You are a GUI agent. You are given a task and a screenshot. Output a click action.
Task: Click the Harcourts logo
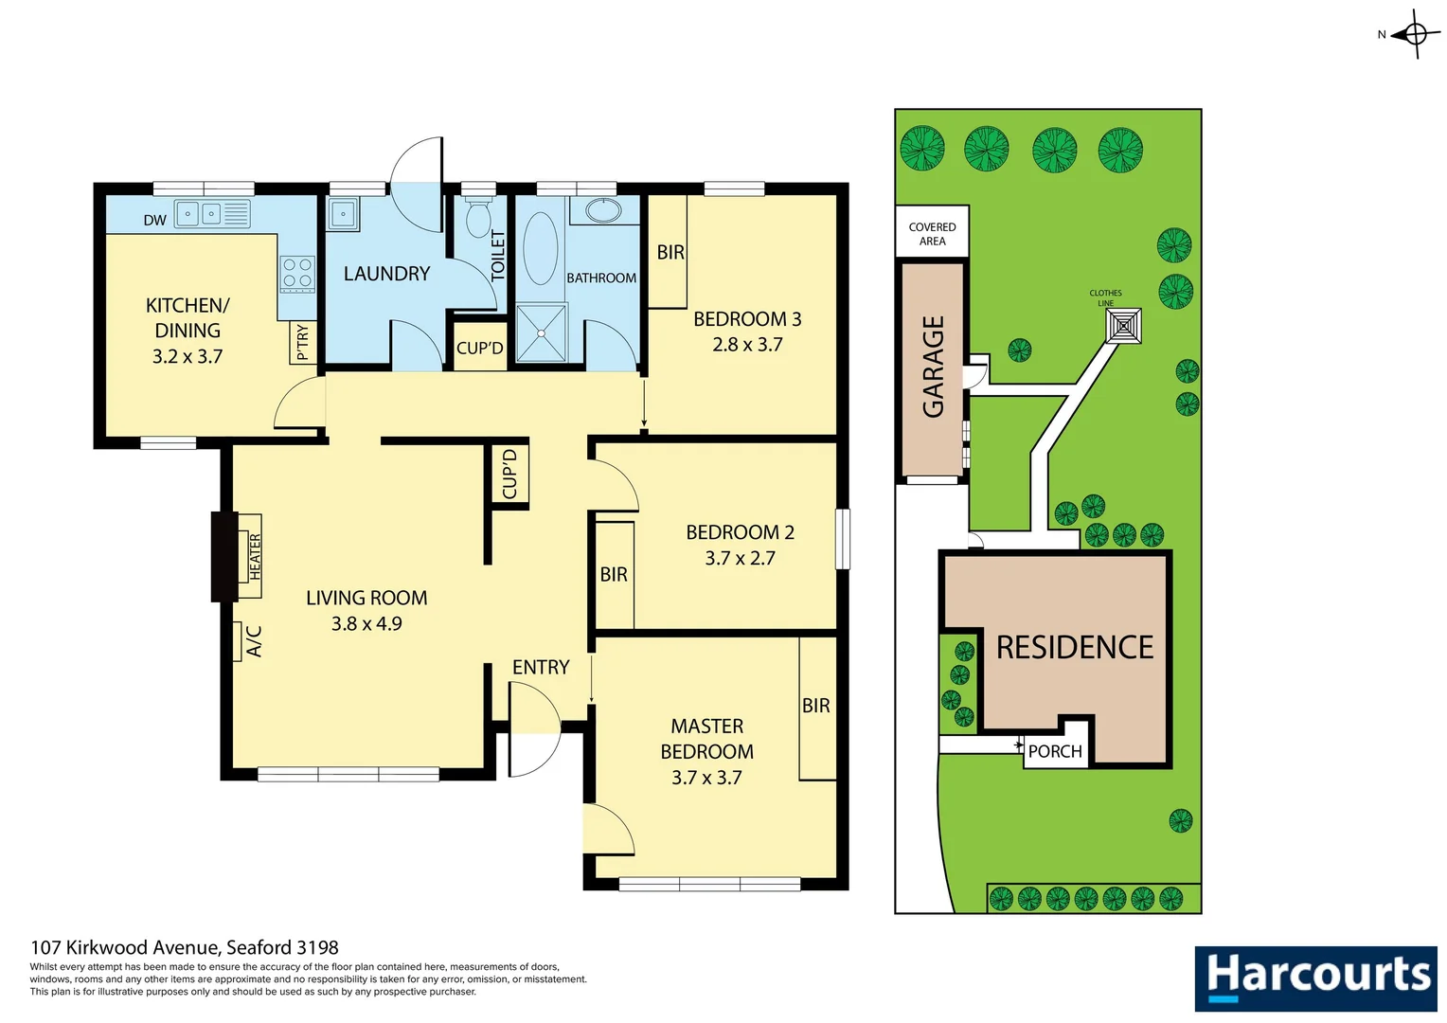point(1315,978)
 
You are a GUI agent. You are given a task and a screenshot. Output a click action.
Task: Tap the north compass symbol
point(1415,35)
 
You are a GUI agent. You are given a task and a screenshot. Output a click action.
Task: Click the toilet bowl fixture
point(479,218)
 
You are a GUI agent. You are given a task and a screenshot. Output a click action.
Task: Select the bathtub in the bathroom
point(541,248)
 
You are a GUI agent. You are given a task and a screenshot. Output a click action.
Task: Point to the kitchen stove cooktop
point(297,274)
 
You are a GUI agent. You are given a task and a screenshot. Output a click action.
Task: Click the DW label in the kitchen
point(155,220)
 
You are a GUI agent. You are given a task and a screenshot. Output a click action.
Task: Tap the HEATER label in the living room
point(255,556)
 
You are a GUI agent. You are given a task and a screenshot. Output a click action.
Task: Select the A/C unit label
point(253,641)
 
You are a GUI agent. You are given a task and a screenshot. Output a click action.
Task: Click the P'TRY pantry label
point(302,343)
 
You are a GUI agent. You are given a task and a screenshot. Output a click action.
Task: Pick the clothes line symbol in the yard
point(1123,326)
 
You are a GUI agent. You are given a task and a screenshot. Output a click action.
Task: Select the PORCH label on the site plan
point(1055,752)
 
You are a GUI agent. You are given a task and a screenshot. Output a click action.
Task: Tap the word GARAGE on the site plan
point(933,367)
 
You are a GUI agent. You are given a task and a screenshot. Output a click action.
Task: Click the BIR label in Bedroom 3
point(670,252)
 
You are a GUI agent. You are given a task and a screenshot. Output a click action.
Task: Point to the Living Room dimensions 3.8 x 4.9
point(366,623)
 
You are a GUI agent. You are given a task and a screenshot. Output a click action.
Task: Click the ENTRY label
point(541,667)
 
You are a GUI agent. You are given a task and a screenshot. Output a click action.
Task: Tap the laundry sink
point(343,214)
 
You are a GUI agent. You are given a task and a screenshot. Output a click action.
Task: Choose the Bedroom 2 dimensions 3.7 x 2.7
point(740,558)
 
